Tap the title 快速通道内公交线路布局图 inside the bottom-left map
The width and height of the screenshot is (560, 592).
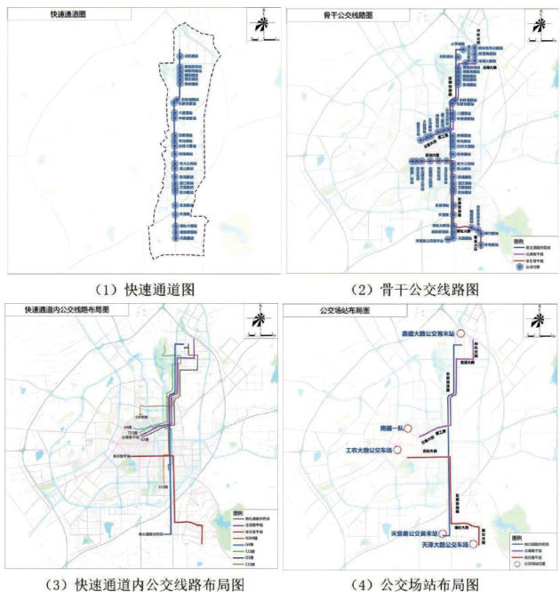click(x=67, y=309)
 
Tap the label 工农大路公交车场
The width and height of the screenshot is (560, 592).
click(x=368, y=450)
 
